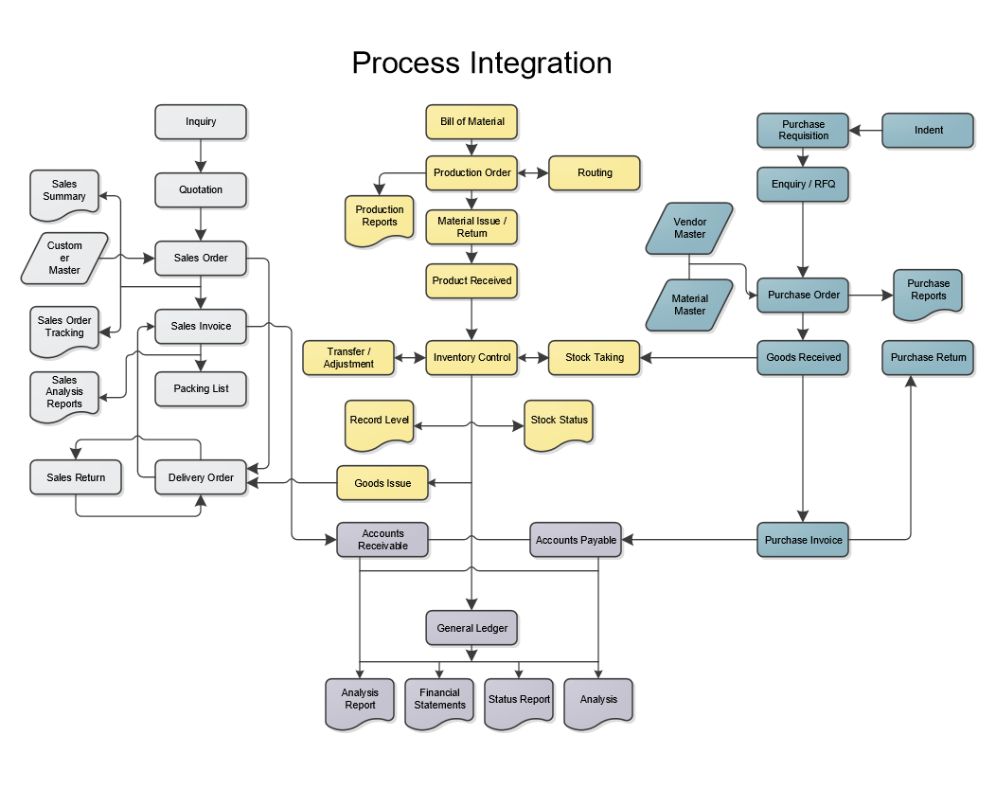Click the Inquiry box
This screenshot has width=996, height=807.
coord(201,122)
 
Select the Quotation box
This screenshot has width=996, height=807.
coord(201,189)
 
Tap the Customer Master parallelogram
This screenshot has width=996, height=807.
coord(65,258)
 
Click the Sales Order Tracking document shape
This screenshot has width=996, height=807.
coord(64,328)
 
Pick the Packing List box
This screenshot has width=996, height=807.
coord(201,388)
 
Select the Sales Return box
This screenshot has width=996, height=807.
coord(76,477)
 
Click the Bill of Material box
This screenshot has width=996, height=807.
coord(471,121)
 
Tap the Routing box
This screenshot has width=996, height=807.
coord(595,172)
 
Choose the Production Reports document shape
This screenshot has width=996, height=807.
coord(379,217)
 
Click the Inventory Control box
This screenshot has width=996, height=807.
coord(471,358)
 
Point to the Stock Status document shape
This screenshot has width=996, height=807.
coord(559,421)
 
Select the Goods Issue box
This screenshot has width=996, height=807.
coord(382,483)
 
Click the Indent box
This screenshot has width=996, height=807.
coord(928,131)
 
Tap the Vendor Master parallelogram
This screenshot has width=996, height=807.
coord(689,228)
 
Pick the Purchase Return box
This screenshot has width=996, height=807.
coord(928,358)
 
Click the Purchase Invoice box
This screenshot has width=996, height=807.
coord(803,540)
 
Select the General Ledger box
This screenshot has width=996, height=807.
coord(471,628)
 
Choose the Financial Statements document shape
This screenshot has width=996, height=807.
coord(439,700)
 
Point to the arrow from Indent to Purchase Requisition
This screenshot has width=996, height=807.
coord(865,131)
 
